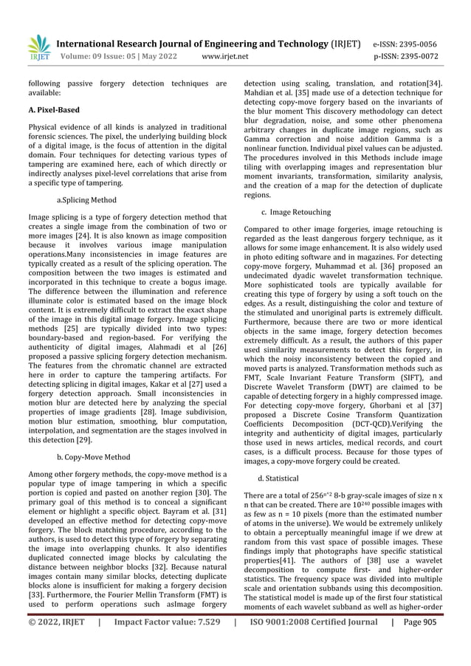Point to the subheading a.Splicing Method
86,200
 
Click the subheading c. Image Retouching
297,212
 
